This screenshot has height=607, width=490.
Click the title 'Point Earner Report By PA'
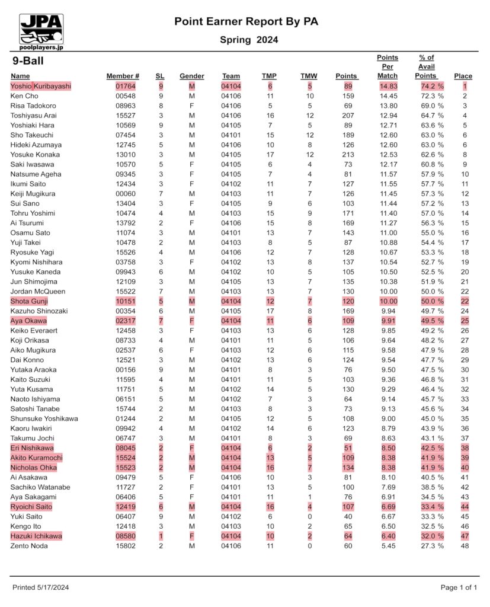click(246, 22)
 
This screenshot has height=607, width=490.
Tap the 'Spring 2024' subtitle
click(249, 40)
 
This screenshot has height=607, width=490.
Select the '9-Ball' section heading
click(28, 61)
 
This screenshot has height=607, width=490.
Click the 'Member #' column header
click(123, 76)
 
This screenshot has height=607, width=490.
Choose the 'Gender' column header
click(191, 76)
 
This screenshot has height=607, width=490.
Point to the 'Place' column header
click(463, 76)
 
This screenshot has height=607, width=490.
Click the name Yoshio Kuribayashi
click(41, 86)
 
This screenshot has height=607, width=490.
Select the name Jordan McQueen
click(39, 291)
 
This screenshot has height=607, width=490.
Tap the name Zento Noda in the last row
click(29, 545)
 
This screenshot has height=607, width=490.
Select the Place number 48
click(465, 545)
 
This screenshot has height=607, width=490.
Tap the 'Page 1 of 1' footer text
click(459, 587)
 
